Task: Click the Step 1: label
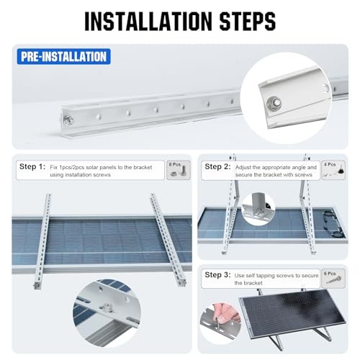click(x=31, y=167)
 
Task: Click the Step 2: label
click(x=217, y=167)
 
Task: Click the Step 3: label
click(x=217, y=274)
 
